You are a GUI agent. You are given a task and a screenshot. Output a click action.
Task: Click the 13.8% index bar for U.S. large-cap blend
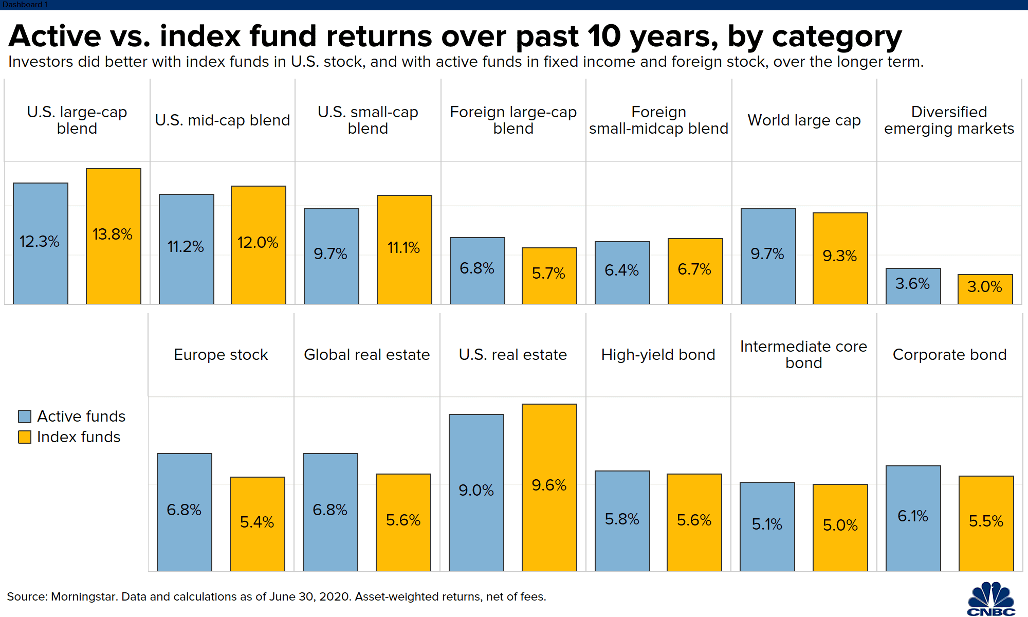(x=114, y=236)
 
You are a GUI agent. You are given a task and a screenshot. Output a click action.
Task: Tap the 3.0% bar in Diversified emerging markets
(x=985, y=289)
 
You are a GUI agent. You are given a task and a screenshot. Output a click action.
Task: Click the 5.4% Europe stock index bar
(x=258, y=524)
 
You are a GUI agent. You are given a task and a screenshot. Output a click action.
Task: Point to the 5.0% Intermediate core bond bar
(x=840, y=528)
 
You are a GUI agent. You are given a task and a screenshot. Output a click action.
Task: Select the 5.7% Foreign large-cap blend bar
(x=549, y=276)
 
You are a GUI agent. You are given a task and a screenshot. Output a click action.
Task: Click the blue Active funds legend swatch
(x=25, y=416)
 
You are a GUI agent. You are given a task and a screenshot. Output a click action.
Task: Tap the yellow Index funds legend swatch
(x=25, y=437)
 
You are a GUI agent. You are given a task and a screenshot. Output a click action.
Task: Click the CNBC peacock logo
(x=991, y=599)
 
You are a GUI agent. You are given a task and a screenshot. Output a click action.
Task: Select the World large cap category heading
(x=804, y=120)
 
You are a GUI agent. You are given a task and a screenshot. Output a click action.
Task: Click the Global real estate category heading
(x=366, y=355)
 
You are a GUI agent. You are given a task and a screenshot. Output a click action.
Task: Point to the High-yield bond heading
(x=658, y=355)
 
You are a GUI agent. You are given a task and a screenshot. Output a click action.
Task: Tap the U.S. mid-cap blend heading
(x=223, y=120)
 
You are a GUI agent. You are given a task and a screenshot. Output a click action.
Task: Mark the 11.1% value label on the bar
(x=403, y=248)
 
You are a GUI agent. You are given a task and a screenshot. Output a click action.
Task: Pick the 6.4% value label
(x=621, y=270)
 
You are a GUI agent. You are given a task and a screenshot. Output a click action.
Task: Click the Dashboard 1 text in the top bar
(x=25, y=5)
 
